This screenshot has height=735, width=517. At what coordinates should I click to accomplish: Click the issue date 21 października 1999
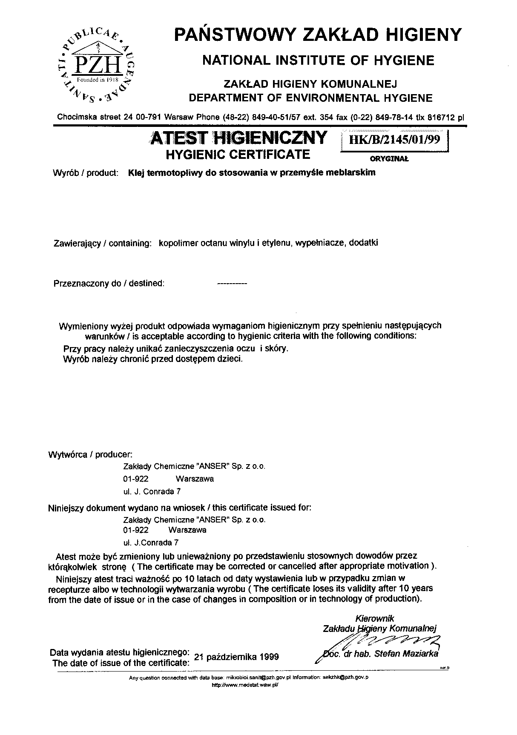click(236, 657)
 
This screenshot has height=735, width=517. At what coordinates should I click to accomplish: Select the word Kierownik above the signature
click(375, 618)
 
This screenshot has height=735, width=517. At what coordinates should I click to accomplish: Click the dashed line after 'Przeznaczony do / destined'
click(232, 284)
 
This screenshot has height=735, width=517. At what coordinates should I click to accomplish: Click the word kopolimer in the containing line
click(176, 243)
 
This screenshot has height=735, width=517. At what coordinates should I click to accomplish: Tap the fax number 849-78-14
click(396, 117)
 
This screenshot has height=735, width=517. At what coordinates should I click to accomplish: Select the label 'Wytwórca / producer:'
click(91, 454)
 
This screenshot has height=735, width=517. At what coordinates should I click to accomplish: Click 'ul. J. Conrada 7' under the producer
click(152, 491)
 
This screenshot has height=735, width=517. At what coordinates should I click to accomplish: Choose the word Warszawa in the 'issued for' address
click(187, 530)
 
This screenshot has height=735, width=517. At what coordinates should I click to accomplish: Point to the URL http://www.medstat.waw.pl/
click(245, 686)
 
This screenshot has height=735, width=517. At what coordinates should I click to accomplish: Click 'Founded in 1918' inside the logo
click(97, 80)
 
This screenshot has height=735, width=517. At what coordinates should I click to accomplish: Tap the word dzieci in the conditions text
click(230, 359)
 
